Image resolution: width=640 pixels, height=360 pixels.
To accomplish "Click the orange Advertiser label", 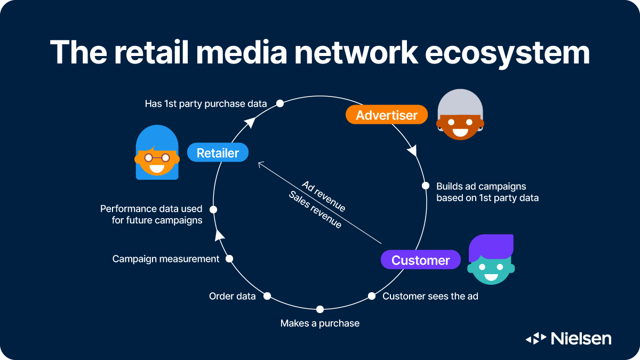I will click(387, 115).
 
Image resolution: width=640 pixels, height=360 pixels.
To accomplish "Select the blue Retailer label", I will click(218, 153).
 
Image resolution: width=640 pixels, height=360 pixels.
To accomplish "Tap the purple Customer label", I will click(420, 260).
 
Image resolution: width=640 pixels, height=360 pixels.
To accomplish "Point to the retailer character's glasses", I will click(157, 157).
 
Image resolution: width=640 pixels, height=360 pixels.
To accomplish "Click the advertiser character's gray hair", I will click(460, 105).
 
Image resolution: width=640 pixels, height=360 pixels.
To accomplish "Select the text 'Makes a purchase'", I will click(320, 323).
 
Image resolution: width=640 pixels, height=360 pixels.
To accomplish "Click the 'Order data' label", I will click(232, 296).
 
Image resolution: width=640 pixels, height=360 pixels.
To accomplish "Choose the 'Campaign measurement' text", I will click(166, 259).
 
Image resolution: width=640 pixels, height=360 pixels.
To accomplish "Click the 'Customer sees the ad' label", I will click(430, 296).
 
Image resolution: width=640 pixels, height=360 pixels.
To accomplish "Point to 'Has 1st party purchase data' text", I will click(206, 103).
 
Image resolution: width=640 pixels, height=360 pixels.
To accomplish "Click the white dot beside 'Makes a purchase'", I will click(320, 309).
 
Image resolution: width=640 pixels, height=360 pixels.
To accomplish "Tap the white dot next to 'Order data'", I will click(267, 295).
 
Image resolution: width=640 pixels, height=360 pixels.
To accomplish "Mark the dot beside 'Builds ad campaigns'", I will click(426, 186).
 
